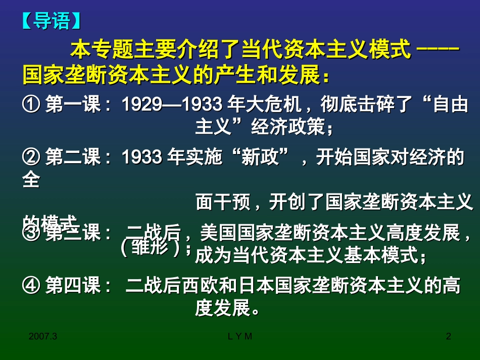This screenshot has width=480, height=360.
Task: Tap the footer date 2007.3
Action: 43,336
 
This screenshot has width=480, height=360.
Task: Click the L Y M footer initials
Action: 238,336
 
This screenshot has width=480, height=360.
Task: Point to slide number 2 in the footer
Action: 448,336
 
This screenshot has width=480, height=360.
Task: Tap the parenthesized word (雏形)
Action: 152,248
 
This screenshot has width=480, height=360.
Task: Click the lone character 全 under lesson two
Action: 31,179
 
